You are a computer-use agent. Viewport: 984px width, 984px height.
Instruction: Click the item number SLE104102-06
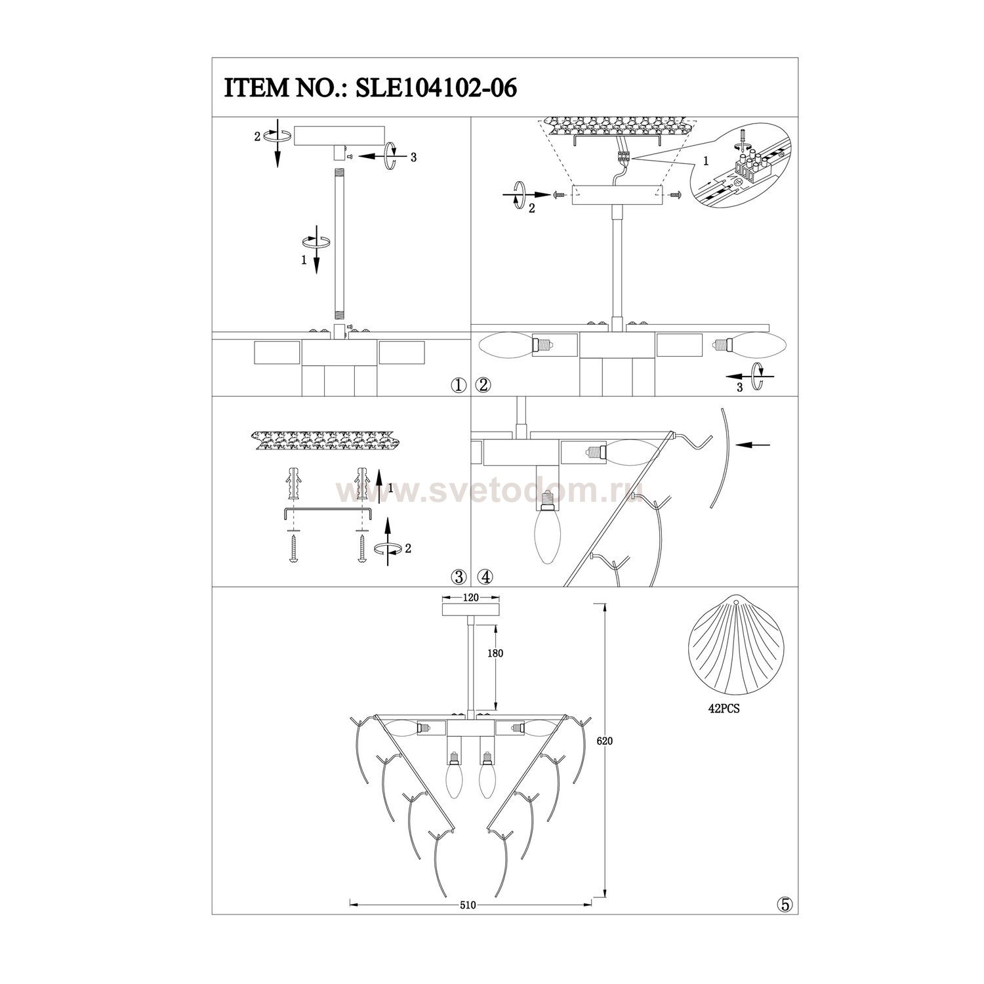436,88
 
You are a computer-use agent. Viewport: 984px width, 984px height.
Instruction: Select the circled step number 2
484,386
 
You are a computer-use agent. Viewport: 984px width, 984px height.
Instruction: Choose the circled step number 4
485,577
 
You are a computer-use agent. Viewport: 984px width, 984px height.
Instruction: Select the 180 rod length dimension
495,653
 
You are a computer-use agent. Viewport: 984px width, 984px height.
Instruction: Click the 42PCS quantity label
724,709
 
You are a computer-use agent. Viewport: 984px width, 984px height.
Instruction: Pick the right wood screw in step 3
361,546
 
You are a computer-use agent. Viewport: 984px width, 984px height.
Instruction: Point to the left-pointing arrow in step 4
754,445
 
